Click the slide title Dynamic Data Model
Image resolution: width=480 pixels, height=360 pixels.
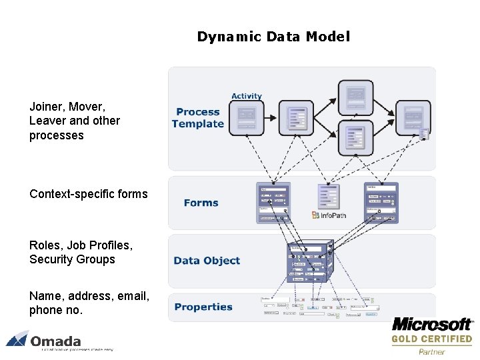click(x=273, y=37)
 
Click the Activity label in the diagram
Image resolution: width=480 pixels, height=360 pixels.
click(x=247, y=96)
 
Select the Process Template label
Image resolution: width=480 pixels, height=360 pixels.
click(x=198, y=118)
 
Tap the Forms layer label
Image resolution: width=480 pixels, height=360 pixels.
click(x=201, y=203)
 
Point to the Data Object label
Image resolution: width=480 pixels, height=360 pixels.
click(x=207, y=261)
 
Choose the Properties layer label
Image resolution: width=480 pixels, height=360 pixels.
click(x=203, y=307)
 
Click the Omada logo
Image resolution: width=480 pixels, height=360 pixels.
click(x=47, y=340)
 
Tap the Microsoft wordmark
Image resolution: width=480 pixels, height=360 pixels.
click(x=431, y=325)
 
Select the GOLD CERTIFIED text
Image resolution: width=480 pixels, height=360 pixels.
click(x=431, y=339)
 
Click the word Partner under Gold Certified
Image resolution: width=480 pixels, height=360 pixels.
click(x=431, y=351)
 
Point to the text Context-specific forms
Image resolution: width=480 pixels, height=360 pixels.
click(x=89, y=194)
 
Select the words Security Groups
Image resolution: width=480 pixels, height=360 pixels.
click(x=72, y=259)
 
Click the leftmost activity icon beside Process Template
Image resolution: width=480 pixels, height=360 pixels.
click(x=245, y=117)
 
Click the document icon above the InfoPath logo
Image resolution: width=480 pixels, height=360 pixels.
click(x=329, y=197)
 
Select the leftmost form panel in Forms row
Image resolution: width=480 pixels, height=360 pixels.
click(x=274, y=202)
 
